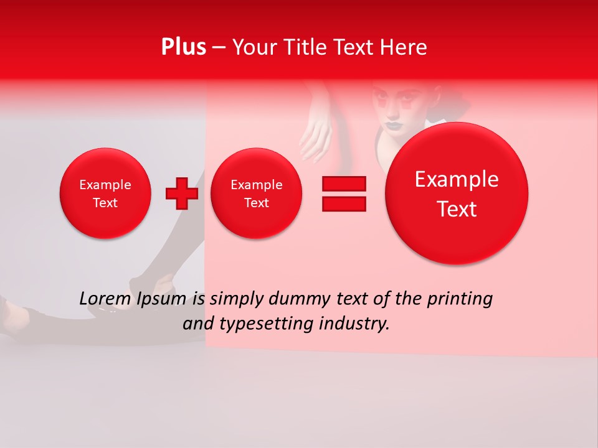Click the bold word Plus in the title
[183, 47]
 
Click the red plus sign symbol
[182, 194]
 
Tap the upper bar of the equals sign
[344, 184]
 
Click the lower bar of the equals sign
[344, 204]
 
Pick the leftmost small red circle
[105, 194]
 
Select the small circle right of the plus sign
[257, 194]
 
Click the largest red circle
[457, 194]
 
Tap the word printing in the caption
[460, 300]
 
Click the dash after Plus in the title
[219, 47]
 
